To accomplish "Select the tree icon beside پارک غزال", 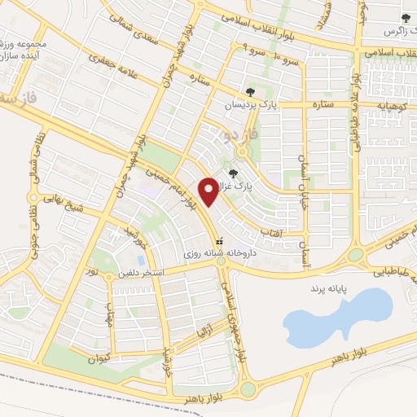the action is coord(235,173).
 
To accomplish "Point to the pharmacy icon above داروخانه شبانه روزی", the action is coord(218,242).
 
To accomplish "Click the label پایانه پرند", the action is coord(332,288).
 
